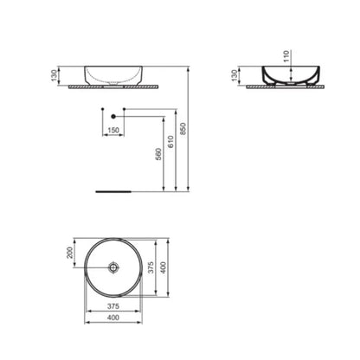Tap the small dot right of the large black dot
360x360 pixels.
pyautogui.click(x=125, y=108)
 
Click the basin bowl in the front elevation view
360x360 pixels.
pyautogui.click(x=113, y=74)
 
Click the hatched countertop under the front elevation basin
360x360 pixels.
pyautogui.click(x=113, y=87)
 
